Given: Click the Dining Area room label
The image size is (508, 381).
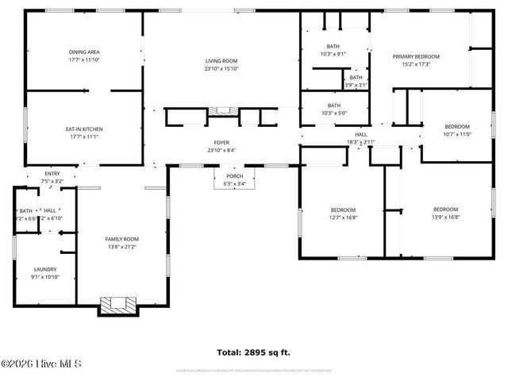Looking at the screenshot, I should click(x=83, y=56).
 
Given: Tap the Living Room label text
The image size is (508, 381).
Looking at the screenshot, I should click(x=222, y=63).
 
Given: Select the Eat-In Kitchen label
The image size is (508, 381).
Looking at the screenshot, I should click(x=83, y=133).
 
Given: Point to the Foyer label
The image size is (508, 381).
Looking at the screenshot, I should click(x=221, y=146).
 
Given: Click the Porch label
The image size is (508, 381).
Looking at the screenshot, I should click(x=235, y=180).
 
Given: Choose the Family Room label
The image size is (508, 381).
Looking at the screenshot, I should click(x=122, y=243).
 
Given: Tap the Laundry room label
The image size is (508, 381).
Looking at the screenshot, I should click(x=44, y=273).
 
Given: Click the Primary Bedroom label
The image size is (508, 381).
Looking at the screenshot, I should click(x=416, y=60).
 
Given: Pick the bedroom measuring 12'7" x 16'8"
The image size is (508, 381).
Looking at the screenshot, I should click(x=344, y=214).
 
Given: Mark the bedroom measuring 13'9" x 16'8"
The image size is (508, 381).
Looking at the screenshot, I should click(x=445, y=214).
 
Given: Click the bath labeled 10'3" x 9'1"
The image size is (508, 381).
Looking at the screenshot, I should click(x=333, y=50).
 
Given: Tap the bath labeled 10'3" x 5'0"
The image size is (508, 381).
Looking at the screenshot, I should click(x=333, y=110).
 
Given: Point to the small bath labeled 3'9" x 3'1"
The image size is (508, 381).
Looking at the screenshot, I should click(x=356, y=81).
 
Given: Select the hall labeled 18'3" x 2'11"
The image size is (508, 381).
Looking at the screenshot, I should click(x=360, y=138).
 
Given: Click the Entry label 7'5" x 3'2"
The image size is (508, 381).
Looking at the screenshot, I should click(x=52, y=177).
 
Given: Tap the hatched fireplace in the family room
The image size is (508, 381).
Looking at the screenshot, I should click(x=117, y=306).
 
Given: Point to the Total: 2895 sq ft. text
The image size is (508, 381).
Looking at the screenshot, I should click(x=254, y=352).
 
